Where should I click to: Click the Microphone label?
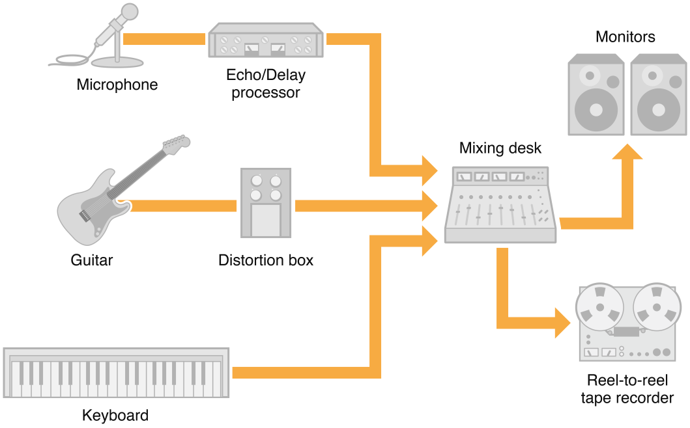[117, 85]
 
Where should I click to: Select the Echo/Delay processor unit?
[265, 42]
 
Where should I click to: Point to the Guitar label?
[92, 260]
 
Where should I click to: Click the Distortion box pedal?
[265, 203]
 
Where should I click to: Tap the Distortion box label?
[266, 260]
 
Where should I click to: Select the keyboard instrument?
[117, 373]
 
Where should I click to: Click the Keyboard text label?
[115, 415]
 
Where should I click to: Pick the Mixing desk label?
[500, 148]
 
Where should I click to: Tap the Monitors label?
[625, 37]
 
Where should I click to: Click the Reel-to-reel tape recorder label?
[627, 389]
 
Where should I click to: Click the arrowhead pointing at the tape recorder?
[562, 322]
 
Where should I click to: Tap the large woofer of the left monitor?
[596, 108]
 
